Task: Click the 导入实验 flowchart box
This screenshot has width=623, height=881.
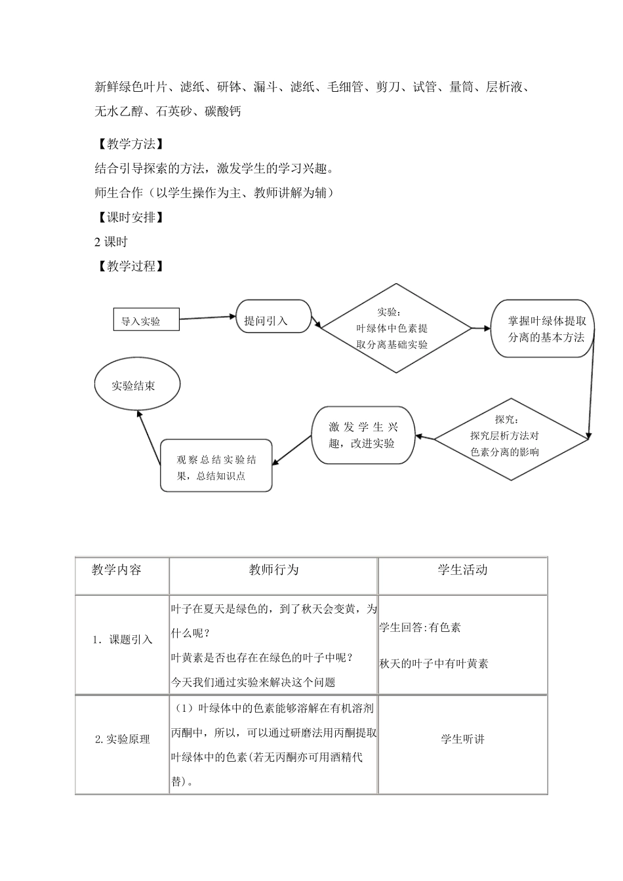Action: (x=146, y=320)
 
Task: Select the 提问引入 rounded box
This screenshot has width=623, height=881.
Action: (x=273, y=317)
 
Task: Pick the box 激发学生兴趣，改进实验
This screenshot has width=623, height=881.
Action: (x=363, y=435)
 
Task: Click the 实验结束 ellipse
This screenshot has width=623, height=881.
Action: (x=137, y=385)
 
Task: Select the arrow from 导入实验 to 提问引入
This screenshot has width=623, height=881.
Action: (x=207, y=318)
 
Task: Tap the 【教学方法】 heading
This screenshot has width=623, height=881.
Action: (x=129, y=144)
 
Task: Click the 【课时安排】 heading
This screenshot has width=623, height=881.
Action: (x=129, y=218)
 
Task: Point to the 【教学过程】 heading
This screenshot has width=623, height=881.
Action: (x=129, y=266)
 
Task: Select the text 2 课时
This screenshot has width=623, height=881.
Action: (x=111, y=242)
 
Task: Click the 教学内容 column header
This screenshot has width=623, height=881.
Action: (x=117, y=570)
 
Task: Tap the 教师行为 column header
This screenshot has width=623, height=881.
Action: (x=273, y=570)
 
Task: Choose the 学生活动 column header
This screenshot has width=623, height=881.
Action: (x=462, y=570)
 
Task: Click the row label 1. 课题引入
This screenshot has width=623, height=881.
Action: (x=122, y=640)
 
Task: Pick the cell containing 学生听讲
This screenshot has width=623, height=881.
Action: (x=462, y=739)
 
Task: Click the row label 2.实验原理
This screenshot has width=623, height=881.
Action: (x=122, y=739)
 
